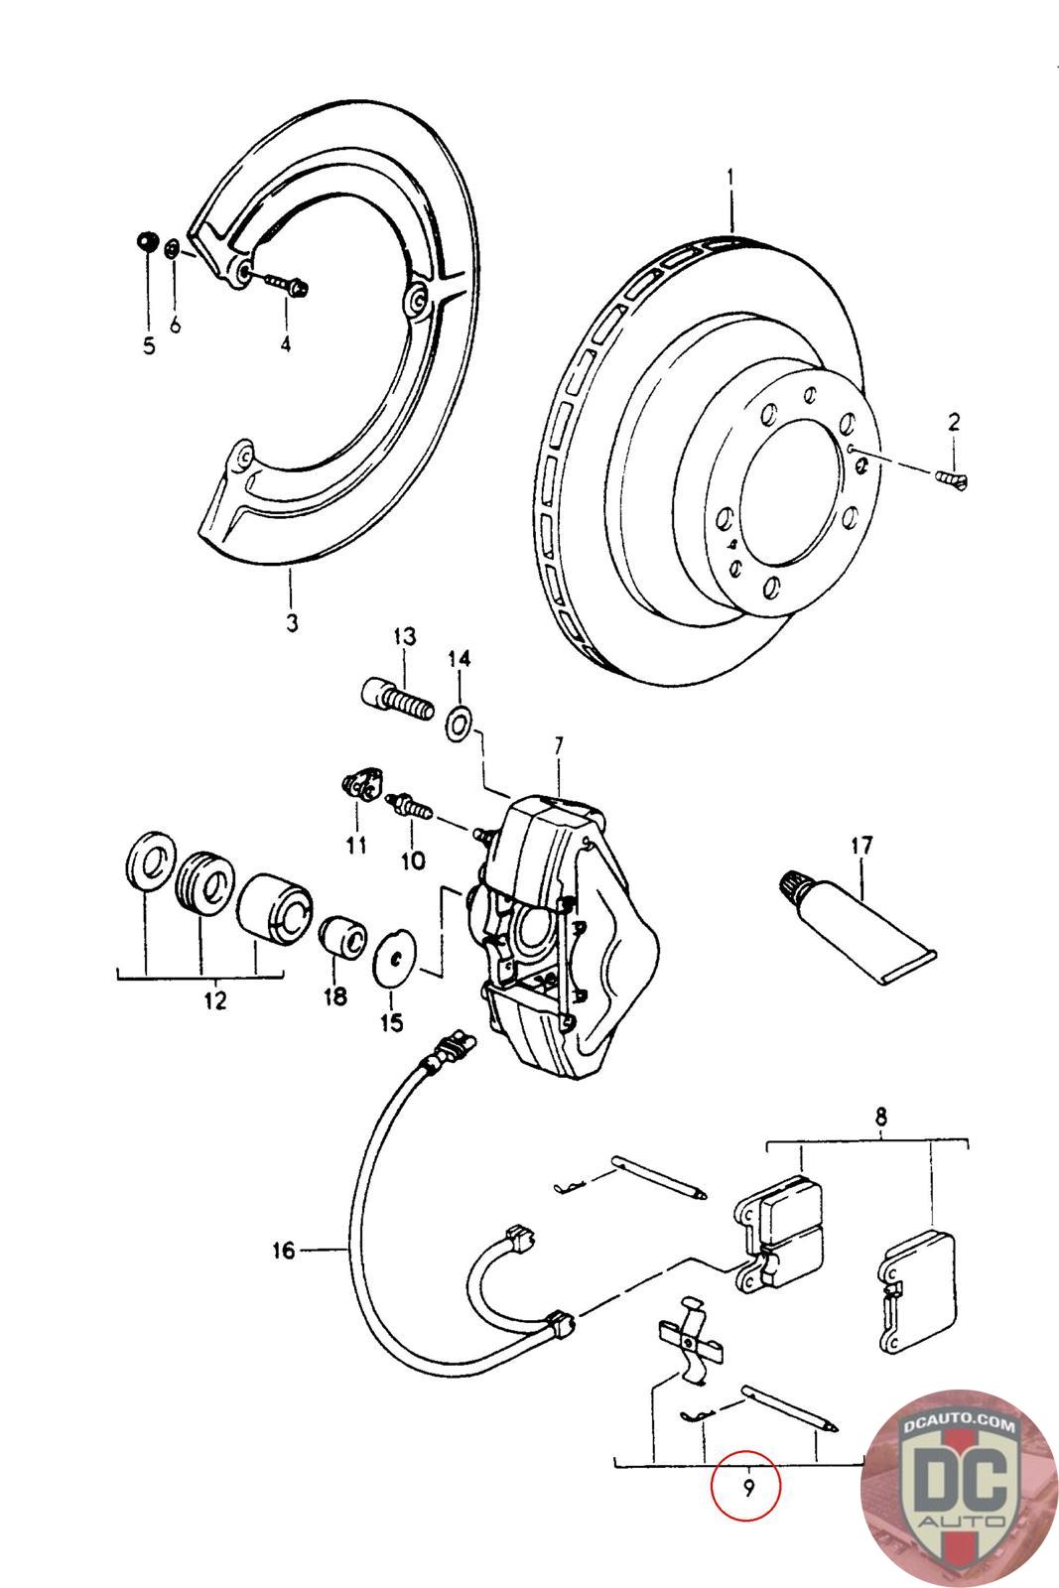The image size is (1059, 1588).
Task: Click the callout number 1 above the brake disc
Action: coord(730,175)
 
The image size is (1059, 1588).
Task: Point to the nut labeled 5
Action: coord(146,241)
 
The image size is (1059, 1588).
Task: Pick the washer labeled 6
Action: coord(173,249)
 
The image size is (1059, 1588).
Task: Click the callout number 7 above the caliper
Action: coord(559,745)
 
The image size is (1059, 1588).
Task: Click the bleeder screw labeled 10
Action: coord(409,807)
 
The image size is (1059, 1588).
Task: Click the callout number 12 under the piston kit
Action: coord(214,1000)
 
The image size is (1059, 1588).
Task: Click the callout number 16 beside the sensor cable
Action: coord(284,1250)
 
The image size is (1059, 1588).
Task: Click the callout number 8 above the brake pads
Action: coord(880,1118)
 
